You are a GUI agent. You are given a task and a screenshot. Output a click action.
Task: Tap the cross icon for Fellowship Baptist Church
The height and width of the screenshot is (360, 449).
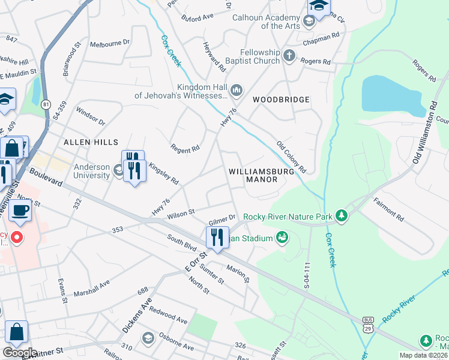290,56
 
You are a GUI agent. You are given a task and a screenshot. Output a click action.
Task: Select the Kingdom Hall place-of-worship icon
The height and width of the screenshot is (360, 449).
237,91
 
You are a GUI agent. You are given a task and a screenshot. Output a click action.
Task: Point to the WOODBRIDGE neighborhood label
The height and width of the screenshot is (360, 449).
281,99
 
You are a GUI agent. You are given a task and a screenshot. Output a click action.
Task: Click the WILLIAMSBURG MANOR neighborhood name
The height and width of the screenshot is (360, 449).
261,175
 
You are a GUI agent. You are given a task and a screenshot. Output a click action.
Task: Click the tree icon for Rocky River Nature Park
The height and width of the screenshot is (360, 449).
342,215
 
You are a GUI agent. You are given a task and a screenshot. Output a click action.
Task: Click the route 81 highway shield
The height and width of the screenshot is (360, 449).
46,104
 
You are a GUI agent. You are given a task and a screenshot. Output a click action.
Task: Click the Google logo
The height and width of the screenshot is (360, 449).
19,353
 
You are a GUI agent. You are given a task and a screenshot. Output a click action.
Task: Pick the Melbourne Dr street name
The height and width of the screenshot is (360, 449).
110,44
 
